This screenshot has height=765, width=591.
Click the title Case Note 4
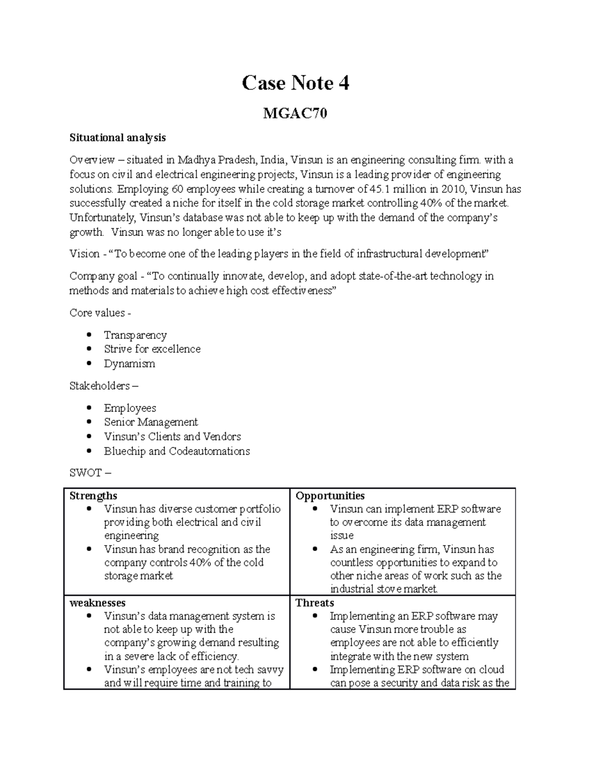(x=295, y=83)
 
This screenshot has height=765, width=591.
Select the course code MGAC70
(x=295, y=114)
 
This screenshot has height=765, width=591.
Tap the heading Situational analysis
(x=117, y=138)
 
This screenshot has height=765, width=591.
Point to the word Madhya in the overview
(x=195, y=160)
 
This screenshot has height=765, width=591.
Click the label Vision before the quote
(x=84, y=254)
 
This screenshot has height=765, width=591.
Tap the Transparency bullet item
(x=135, y=335)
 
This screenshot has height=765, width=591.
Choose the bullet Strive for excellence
(x=152, y=349)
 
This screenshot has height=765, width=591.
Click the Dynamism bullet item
(x=129, y=364)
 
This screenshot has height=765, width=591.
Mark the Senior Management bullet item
(x=151, y=422)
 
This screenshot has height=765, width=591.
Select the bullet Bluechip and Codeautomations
(x=177, y=451)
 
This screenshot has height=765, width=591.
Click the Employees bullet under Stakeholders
(x=130, y=408)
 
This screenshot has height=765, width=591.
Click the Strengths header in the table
(x=93, y=496)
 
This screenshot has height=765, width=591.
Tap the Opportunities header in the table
(x=330, y=496)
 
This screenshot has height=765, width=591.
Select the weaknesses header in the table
(x=97, y=603)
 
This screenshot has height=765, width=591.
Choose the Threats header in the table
(x=315, y=603)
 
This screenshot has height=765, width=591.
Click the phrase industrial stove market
(x=384, y=589)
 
